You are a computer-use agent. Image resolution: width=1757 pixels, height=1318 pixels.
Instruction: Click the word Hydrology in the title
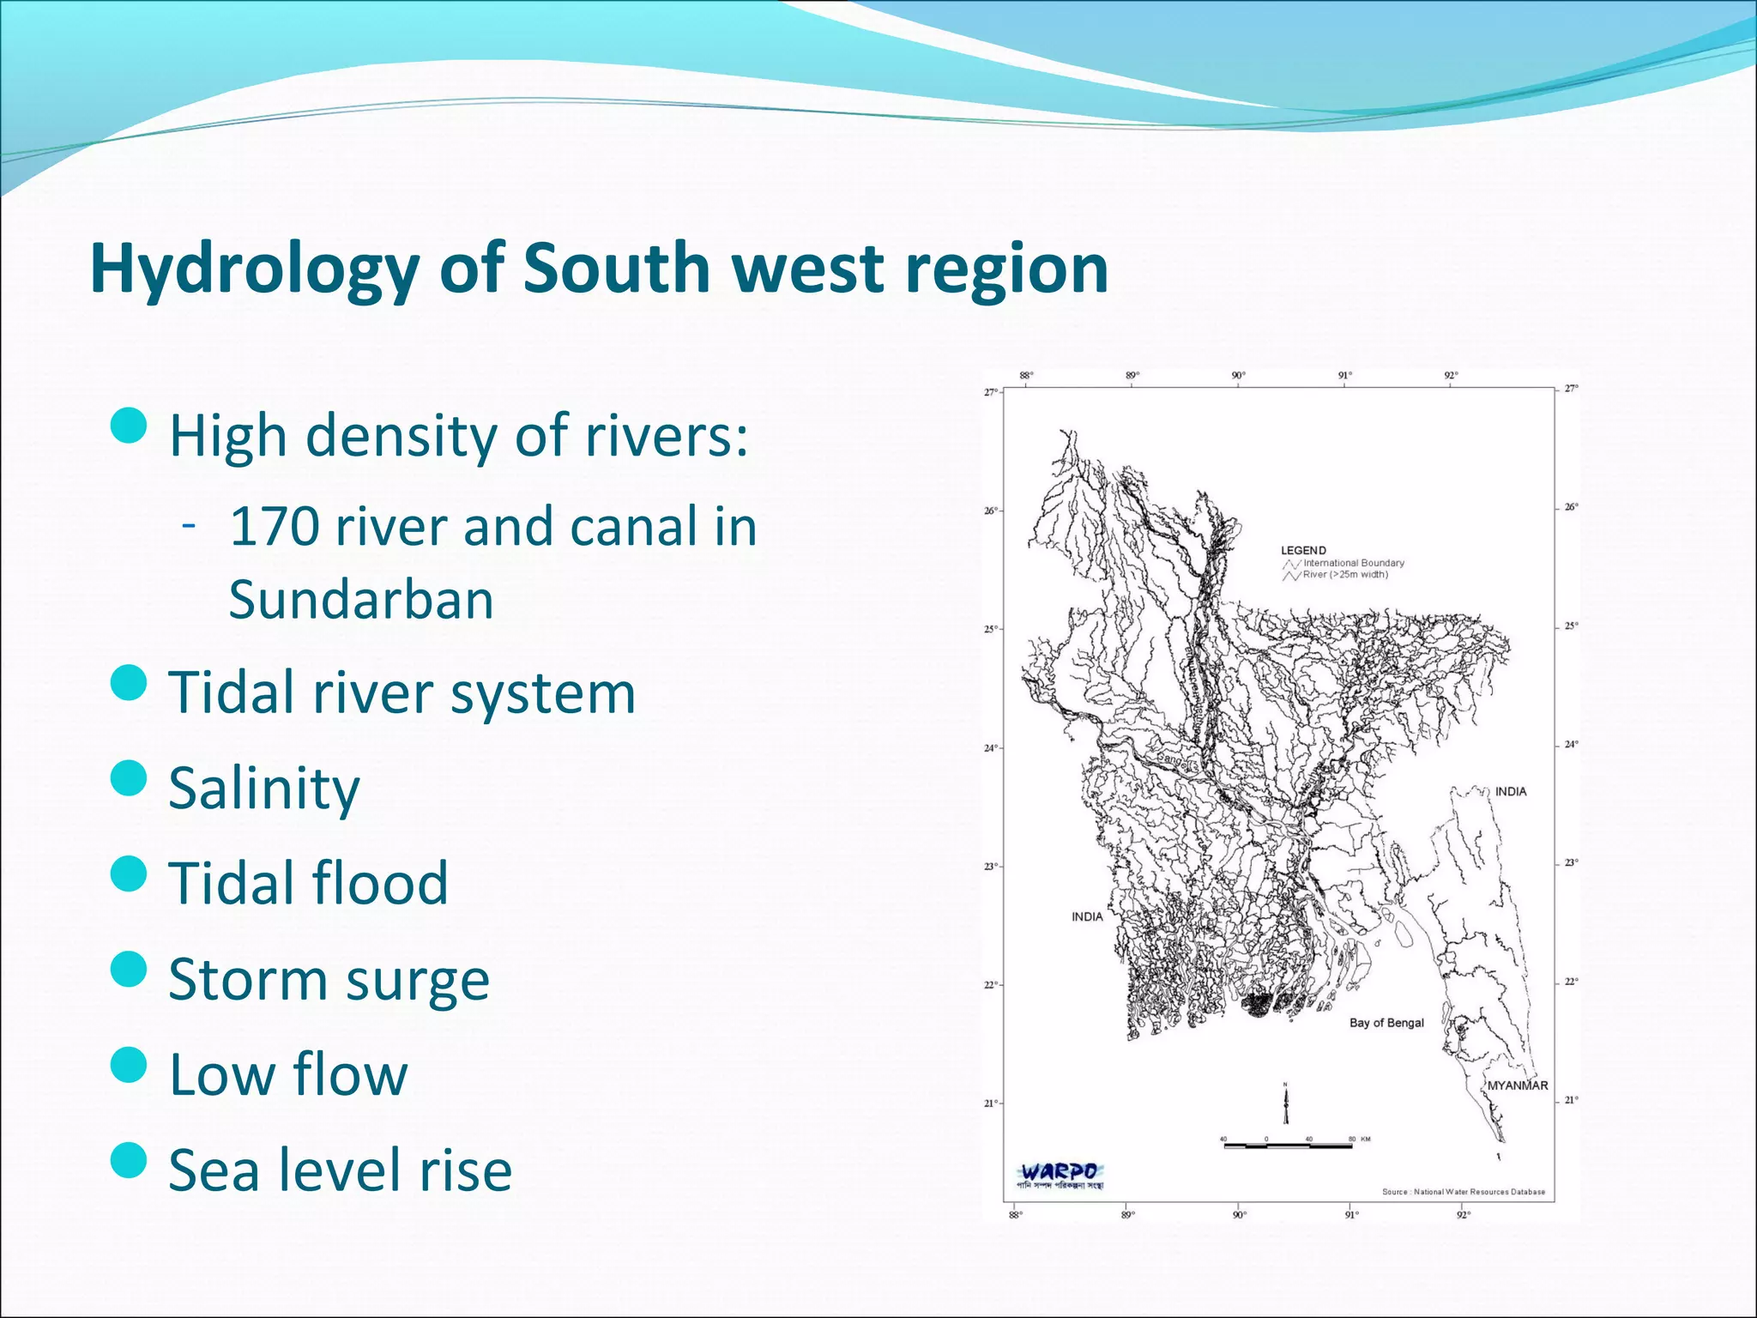(255, 269)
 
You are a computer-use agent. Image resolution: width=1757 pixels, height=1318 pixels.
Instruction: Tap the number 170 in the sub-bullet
(275, 526)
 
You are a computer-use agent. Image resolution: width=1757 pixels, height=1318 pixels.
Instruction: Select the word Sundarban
(361, 600)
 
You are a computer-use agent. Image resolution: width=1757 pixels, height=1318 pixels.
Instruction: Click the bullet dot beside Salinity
(130, 778)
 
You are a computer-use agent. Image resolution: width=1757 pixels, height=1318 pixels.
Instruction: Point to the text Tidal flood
(308, 883)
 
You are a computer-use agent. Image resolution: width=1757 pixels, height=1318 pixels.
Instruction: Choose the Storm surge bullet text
(329, 979)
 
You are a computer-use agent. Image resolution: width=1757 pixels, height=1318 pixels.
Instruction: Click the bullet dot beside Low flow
(130, 1065)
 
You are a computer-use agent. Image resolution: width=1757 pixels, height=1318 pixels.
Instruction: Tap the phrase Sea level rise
(340, 1170)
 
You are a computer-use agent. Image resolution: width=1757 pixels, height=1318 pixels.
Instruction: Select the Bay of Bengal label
(1386, 1023)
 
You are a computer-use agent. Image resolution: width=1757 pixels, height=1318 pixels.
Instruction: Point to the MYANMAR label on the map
(1517, 1085)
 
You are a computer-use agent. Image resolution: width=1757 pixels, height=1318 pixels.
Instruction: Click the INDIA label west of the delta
(1087, 916)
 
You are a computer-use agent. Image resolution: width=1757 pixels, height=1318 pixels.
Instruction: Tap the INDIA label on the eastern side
(1511, 791)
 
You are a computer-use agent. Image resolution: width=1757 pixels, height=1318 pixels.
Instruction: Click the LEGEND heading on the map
(1303, 550)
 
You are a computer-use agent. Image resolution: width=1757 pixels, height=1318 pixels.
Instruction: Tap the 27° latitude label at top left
(990, 392)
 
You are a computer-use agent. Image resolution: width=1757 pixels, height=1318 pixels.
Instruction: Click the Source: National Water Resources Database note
(1463, 1192)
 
